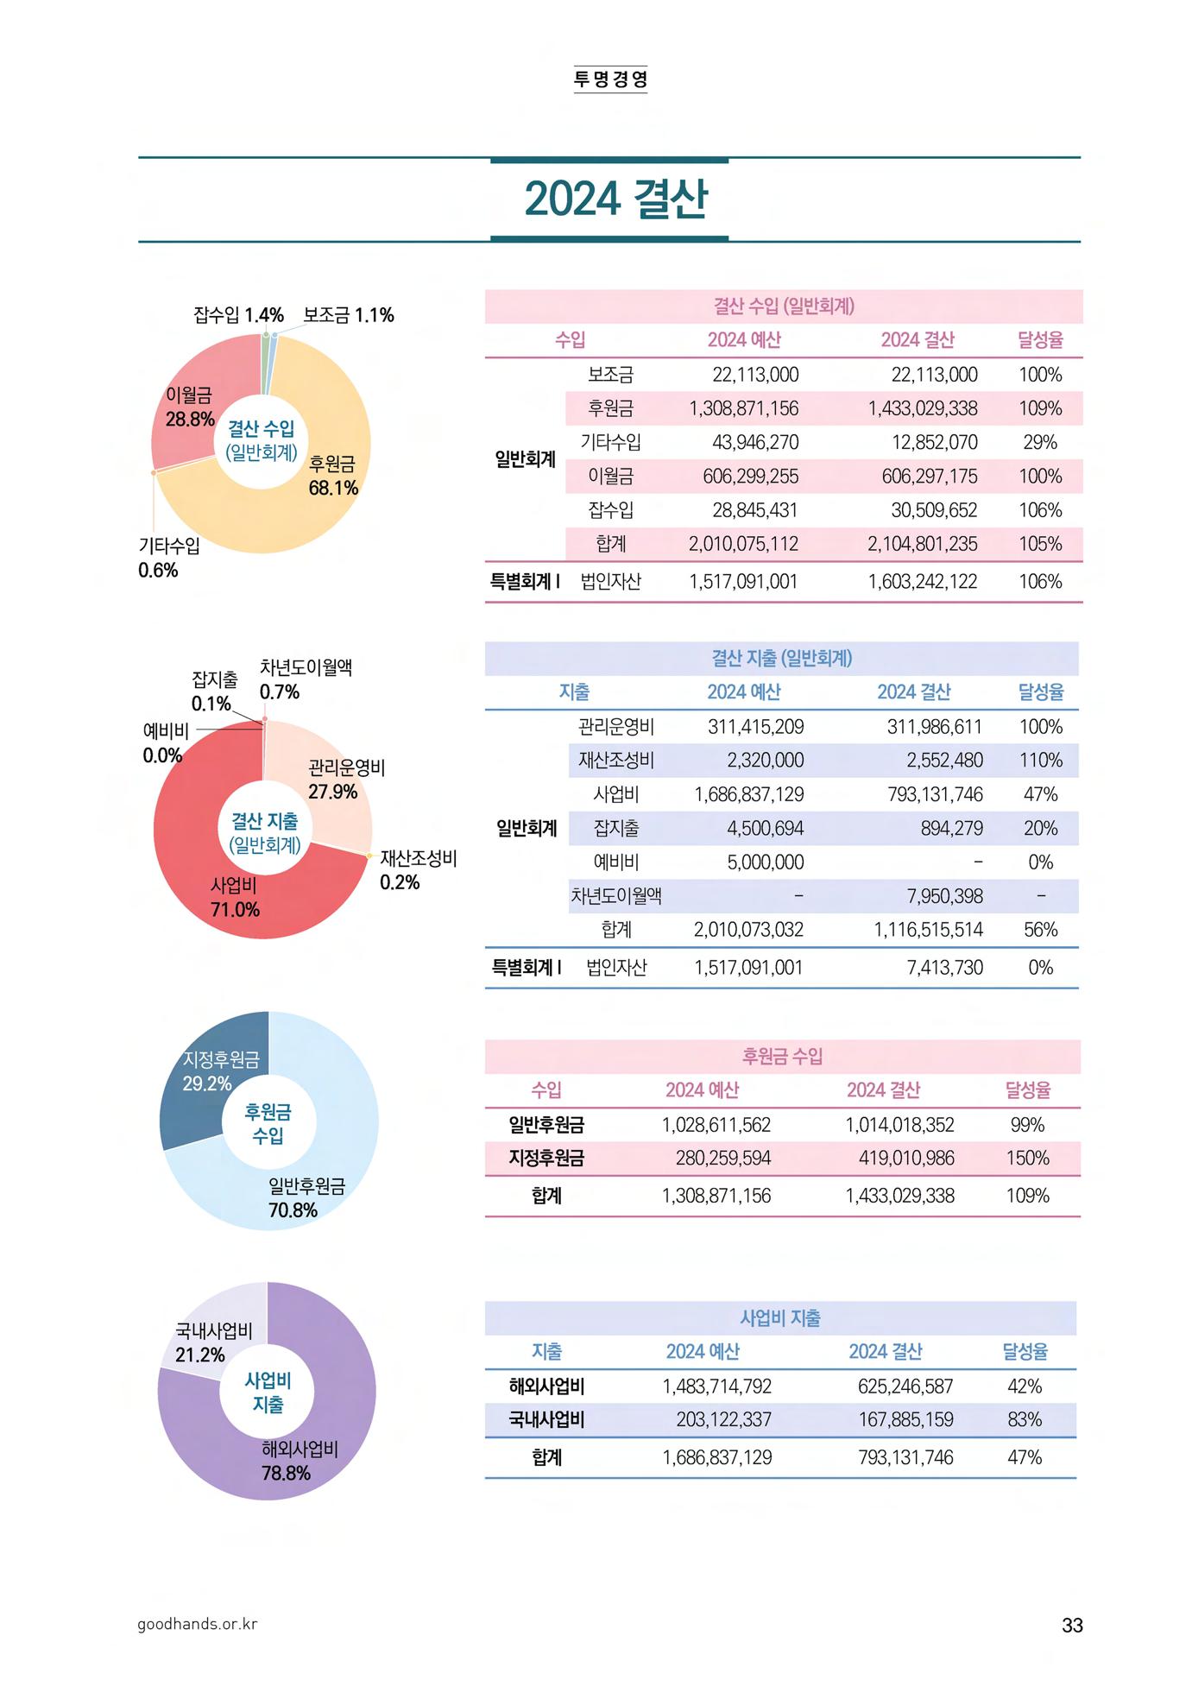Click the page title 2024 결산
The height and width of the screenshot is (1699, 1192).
click(615, 199)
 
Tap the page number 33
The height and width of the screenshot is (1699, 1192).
click(1071, 1625)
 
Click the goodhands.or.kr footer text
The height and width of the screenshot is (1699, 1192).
click(197, 1624)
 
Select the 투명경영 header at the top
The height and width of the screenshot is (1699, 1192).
click(610, 79)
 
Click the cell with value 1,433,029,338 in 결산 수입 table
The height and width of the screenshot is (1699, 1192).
click(922, 408)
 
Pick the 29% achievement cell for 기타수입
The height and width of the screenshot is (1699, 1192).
click(1039, 442)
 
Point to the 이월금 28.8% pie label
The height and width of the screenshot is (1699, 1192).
click(189, 407)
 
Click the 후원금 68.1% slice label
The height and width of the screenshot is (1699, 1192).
click(333, 476)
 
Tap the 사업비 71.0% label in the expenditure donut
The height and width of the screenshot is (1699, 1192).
click(235, 897)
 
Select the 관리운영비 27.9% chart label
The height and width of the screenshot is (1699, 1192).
click(345, 780)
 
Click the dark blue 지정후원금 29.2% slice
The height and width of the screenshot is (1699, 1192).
click(209, 1071)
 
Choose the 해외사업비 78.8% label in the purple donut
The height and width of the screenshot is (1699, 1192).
click(299, 1461)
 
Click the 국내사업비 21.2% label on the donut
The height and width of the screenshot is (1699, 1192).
click(212, 1342)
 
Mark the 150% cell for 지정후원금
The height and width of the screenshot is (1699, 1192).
click(1027, 1158)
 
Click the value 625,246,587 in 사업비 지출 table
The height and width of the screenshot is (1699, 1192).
click(905, 1386)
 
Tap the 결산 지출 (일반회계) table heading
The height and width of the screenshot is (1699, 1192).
click(781, 658)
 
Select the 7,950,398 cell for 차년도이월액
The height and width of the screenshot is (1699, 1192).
click(944, 896)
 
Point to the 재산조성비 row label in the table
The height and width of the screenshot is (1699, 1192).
click(615, 761)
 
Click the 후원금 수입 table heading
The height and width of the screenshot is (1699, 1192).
click(782, 1056)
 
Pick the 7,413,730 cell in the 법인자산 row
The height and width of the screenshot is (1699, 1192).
click(944, 967)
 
